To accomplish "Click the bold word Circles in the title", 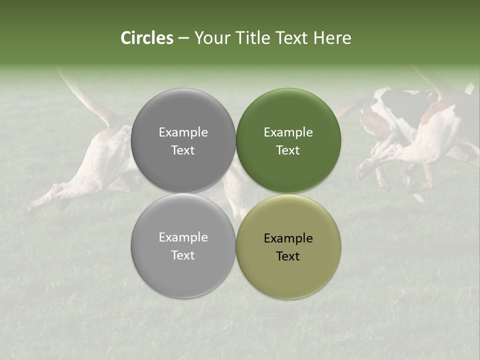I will point(147,38).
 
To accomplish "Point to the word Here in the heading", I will point(332,38).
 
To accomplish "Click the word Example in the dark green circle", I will point(288,132).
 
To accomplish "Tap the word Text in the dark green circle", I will point(288,150).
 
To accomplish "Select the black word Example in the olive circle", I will point(288,238).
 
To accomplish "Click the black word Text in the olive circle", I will point(288,256).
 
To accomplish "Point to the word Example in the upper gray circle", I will point(183,132).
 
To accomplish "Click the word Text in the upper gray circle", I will point(183,150).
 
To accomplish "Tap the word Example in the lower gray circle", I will point(183,237).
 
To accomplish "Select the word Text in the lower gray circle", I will point(183,255).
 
